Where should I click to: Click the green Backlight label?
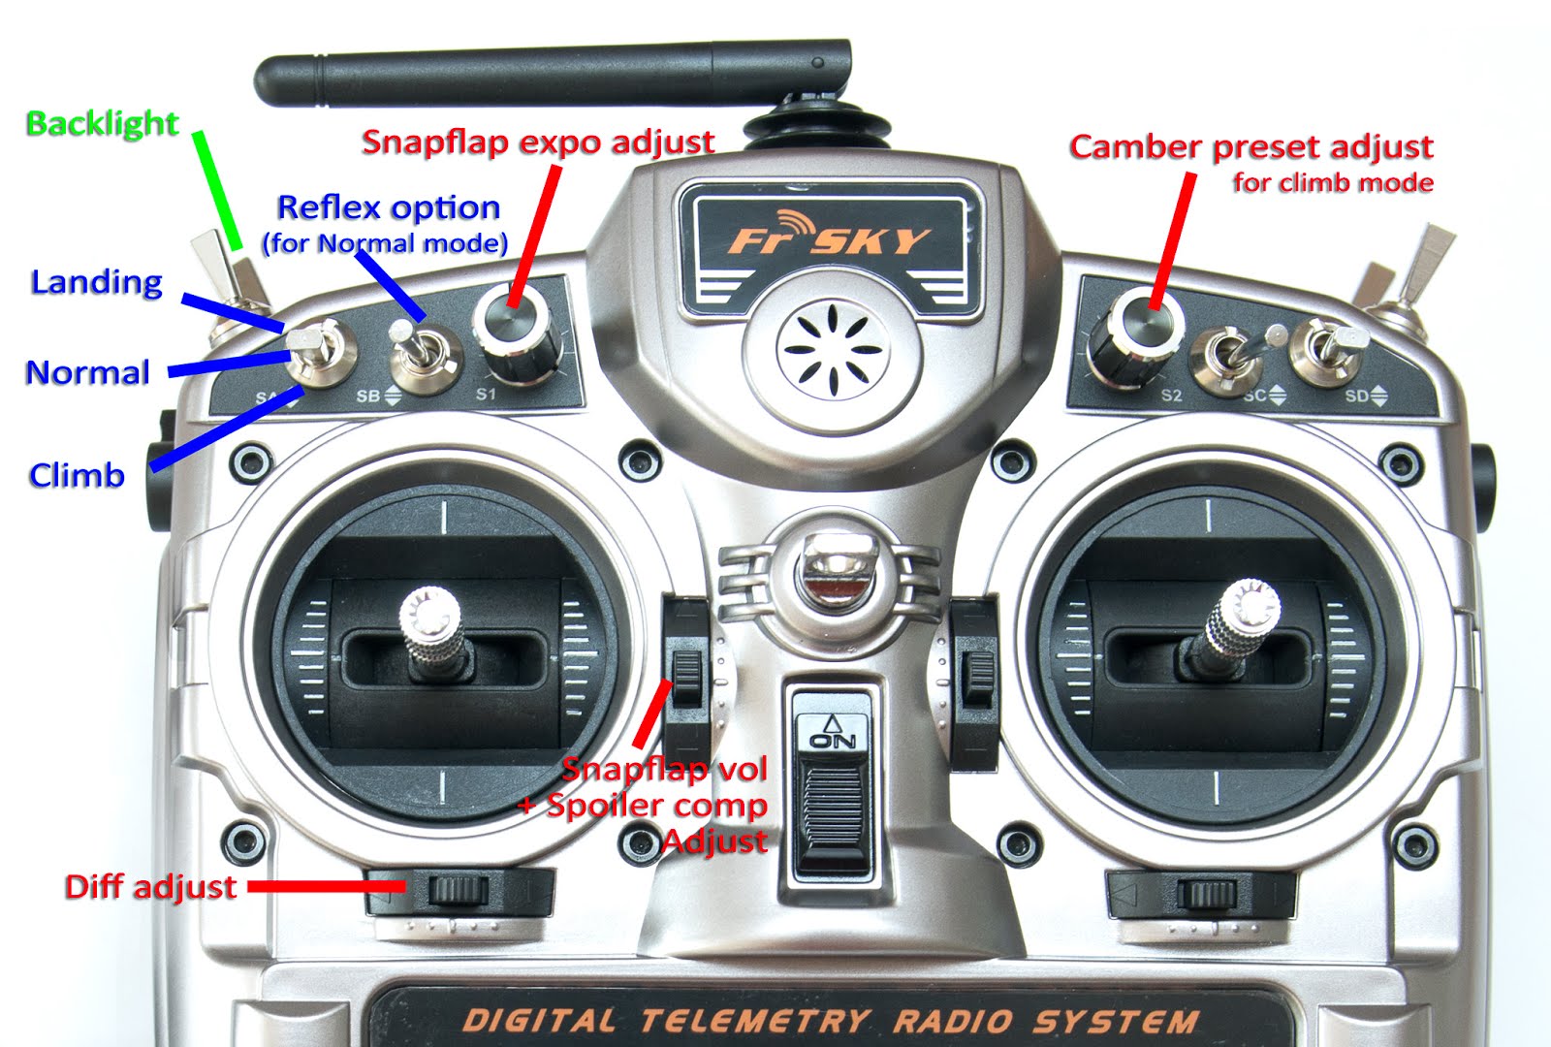pos(102,123)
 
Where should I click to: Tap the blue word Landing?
pos(96,282)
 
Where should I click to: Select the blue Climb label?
pos(77,475)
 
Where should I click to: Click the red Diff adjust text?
pos(150,887)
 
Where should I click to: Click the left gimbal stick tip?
pos(429,612)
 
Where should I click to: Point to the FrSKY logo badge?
pos(830,240)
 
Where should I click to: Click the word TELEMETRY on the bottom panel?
pos(753,1020)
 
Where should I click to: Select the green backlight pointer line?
pos(217,190)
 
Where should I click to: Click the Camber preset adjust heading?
pos(1250,147)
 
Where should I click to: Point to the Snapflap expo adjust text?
pos(538,143)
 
